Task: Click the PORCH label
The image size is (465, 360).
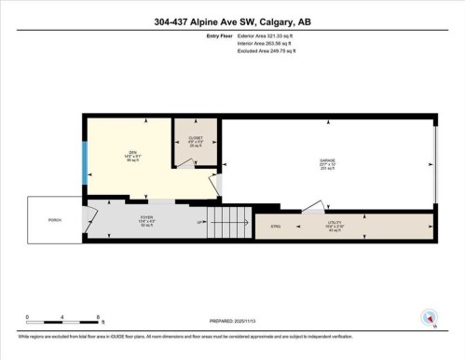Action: [x=55, y=220]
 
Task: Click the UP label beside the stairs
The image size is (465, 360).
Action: [x=199, y=222]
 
